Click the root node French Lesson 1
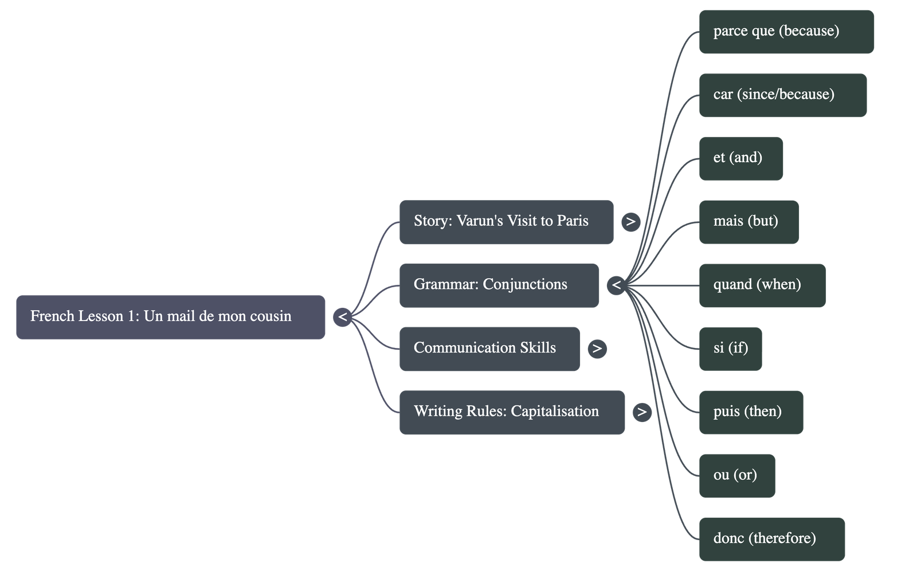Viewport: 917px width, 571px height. coord(170,317)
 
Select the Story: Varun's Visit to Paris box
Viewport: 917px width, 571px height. coord(506,222)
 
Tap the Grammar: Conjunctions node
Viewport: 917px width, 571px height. coord(499,285)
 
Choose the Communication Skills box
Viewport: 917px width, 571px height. coord(489,349)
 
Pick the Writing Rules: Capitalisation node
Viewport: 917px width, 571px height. coord(512,412)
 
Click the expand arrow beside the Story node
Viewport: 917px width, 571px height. coord(630,222)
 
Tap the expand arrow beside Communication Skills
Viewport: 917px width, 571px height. coord(597,349)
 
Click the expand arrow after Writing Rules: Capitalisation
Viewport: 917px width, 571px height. coord(642,412)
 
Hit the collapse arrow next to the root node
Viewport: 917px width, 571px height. coord(342,317)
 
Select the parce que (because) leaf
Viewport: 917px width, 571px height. coord(786,32)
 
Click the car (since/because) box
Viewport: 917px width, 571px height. coord(782,95)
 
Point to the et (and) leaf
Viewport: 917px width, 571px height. coord(740,158)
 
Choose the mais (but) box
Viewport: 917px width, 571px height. coord(748,222)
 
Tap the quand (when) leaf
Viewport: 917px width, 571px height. coord(762,285)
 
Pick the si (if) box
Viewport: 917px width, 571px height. coord(730,349)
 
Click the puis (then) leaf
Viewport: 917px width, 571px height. coord(750,412)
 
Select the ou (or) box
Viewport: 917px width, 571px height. coord(736,475)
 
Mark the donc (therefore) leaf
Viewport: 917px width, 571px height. coord(771,539)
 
